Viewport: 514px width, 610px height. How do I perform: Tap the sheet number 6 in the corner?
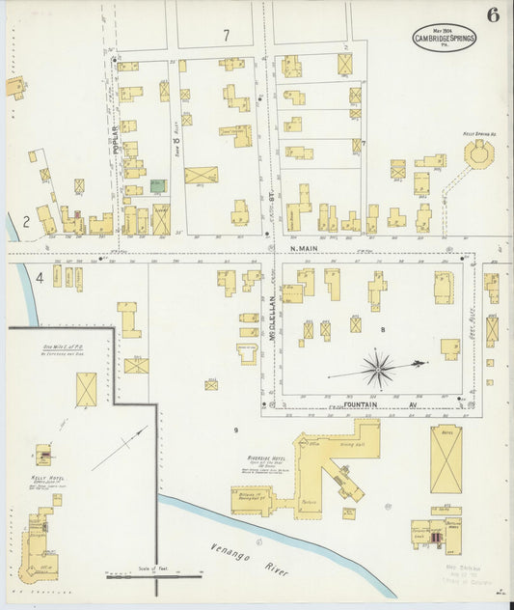point(493,15)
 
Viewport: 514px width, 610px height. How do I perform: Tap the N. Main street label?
point(305,248)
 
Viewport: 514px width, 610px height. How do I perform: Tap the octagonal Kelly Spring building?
point(477,152)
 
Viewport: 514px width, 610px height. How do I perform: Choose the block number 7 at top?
point(226,35)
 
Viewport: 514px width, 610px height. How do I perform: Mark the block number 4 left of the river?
point(40,278)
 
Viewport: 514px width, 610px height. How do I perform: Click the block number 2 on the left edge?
point(27,220)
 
